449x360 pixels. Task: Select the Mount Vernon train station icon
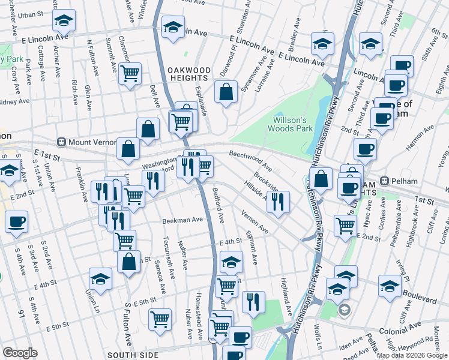click(x=61, y=143)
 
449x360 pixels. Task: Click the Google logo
click(x=20, y=353)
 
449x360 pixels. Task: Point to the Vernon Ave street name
click(x=255, y=221)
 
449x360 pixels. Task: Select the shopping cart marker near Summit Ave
click(x=130, y=74)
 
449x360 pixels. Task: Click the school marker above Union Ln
click(x=100, y=278)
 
